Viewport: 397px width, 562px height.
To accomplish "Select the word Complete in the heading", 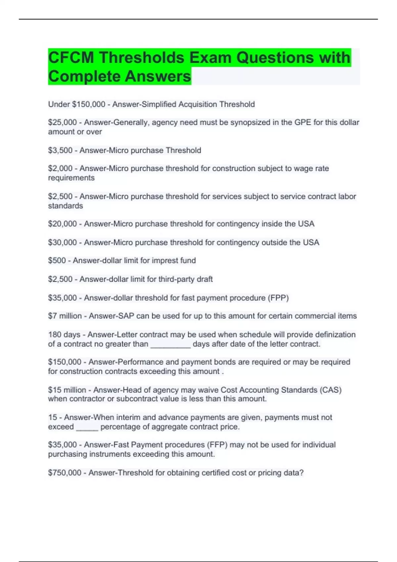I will click(84, 76).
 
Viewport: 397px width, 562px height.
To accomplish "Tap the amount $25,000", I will click(62, 122).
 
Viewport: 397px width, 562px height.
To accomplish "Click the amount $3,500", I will click(60, 150).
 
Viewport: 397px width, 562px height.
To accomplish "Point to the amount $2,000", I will click(60, 169).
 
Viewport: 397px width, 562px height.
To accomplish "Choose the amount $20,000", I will click(62, 224).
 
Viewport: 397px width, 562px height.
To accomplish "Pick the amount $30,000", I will click(62, 242).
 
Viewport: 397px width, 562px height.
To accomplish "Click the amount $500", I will click(57, 261).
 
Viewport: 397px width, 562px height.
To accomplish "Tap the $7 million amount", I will click(65, 316).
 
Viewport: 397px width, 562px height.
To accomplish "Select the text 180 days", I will click(64, 335).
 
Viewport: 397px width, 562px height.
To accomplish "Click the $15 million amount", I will click(67, 390).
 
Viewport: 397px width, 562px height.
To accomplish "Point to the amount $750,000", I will click(65, 473).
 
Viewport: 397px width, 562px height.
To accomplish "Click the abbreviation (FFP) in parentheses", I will click(217, 445).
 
